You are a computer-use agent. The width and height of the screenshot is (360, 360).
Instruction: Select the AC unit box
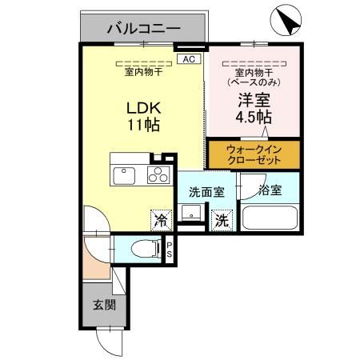click(188, 59)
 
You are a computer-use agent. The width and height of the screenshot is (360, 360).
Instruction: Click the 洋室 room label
click(253, 101)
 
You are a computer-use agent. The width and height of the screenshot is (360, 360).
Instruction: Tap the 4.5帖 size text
click(253, 118)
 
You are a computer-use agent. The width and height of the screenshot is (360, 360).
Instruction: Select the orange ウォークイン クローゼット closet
click(254, 154)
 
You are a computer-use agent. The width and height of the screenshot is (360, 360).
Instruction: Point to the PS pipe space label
click(169, 250)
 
